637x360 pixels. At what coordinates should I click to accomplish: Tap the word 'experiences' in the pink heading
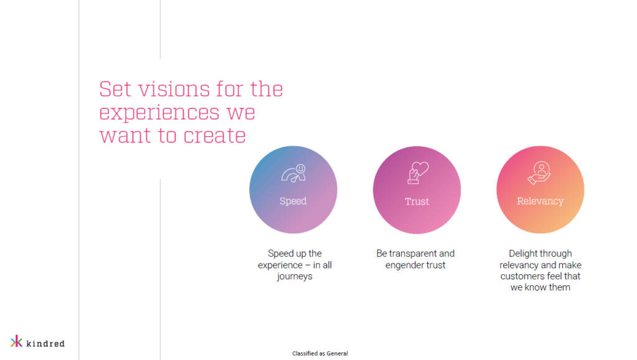click(159, 113)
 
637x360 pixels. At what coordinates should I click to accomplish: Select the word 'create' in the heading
click(215, 136)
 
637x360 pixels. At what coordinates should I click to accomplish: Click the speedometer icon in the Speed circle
click(294, 173)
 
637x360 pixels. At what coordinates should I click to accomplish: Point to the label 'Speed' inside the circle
click(293, 201)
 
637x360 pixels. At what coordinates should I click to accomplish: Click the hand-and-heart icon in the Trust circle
click(417, 172)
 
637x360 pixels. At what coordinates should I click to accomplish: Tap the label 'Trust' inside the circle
click(417, 201)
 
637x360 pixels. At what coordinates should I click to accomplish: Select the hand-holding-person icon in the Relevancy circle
click(539, 172)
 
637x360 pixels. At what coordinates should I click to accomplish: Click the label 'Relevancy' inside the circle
click(541, 201)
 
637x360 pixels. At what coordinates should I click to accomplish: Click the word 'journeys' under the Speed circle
click(294, 277)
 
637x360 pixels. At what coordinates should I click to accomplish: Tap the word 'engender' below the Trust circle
click(402, 265)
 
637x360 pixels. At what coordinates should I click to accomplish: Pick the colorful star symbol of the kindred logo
click(16, 341)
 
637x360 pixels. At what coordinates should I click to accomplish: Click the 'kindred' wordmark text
click(45, 343)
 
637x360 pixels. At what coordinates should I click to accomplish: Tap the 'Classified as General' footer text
click(320, 354)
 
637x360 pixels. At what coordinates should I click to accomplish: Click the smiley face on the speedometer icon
click(300, 168)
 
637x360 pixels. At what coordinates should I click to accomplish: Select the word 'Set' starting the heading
click(115, 89)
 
